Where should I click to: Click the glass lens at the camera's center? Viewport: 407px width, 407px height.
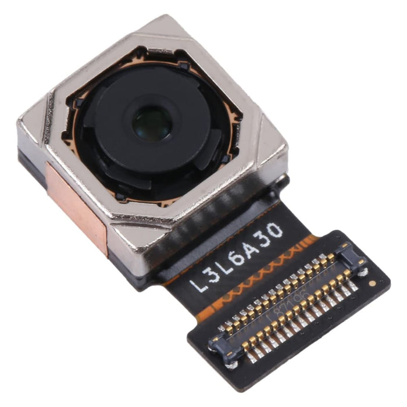[x=151, y=124]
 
